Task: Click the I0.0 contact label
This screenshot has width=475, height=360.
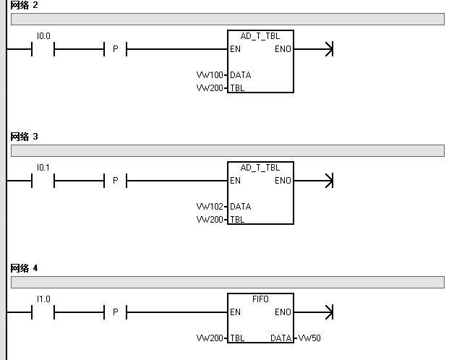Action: (x=43, y=35)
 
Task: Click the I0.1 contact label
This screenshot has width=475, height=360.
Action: (x=43, y=167)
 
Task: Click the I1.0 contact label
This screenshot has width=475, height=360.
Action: (x=43, y=299)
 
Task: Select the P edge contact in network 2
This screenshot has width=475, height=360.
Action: (x=115, y=49)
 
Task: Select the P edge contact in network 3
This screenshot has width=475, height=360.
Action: (x=115, y=181)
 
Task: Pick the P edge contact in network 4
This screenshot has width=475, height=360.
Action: (x=115, y=312)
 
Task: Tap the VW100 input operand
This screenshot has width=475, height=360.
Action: (x=210, y=75)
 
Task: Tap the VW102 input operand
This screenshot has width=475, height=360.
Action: (x=210, y=207)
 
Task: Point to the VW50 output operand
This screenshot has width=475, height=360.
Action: (x=309, y=338)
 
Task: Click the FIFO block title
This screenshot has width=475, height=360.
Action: (x=260, y=299)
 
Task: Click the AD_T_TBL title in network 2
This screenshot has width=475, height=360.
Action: (x=260, y=35)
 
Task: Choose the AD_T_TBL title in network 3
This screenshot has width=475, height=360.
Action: (x=260, y=167)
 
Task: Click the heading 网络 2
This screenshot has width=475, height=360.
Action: (x=25, y=5)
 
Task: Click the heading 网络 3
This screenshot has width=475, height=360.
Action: (x=25, y=137)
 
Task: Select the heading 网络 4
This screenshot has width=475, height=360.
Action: (x=25, y=268)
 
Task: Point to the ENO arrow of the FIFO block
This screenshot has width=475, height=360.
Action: (x=330, y=312)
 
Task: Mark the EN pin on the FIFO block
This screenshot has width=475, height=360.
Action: (x=236, y=312)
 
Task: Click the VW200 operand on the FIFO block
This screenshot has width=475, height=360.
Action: (x=210, y=338)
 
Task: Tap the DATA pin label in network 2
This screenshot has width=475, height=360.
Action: (x=241, y=75)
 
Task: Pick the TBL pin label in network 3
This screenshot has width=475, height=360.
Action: (x=237, y=220)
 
